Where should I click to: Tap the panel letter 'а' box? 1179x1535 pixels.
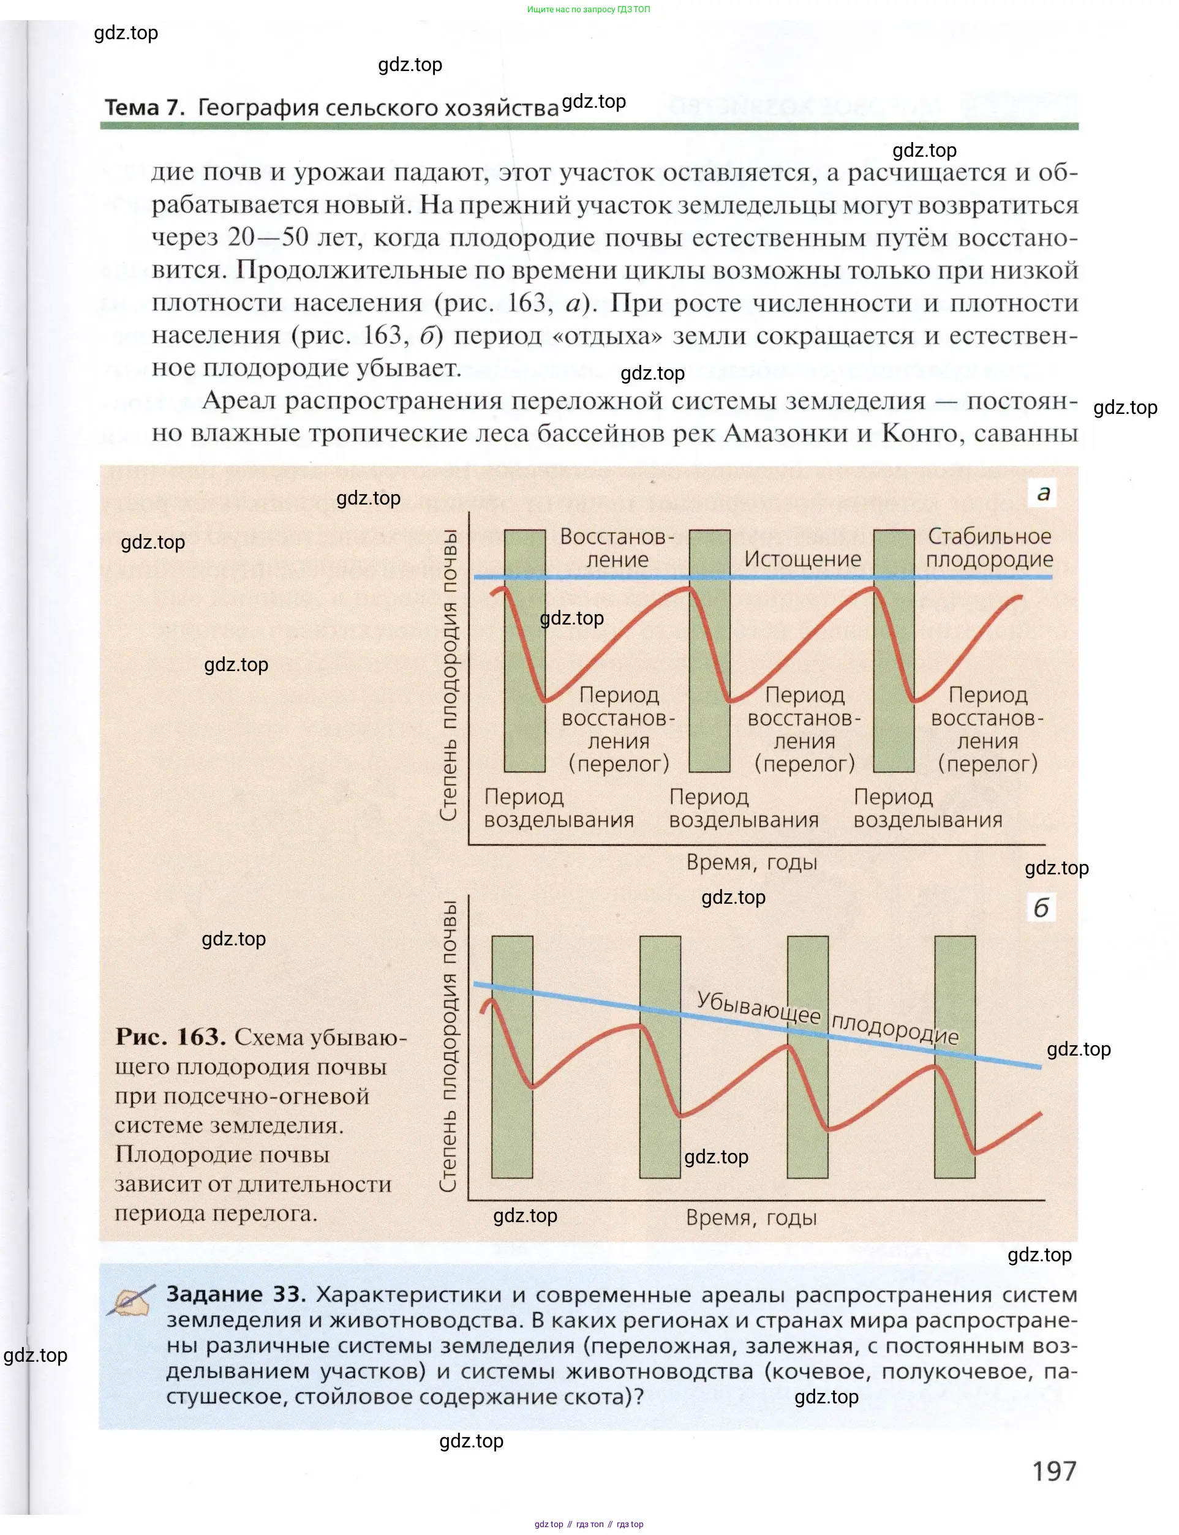tap(1043, 492)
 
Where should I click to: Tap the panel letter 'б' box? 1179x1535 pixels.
tap(1041, 908)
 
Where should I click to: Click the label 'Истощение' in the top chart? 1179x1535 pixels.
tap(802, 559)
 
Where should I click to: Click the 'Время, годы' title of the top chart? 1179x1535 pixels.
tap(751, 862)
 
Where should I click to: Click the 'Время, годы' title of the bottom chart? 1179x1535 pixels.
tap(751, 1217)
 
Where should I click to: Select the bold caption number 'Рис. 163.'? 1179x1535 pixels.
tap(170, 1037)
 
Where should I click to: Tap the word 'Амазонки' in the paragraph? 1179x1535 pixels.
tap(783, 433)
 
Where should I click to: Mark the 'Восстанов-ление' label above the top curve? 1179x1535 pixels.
tap(617, 548)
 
